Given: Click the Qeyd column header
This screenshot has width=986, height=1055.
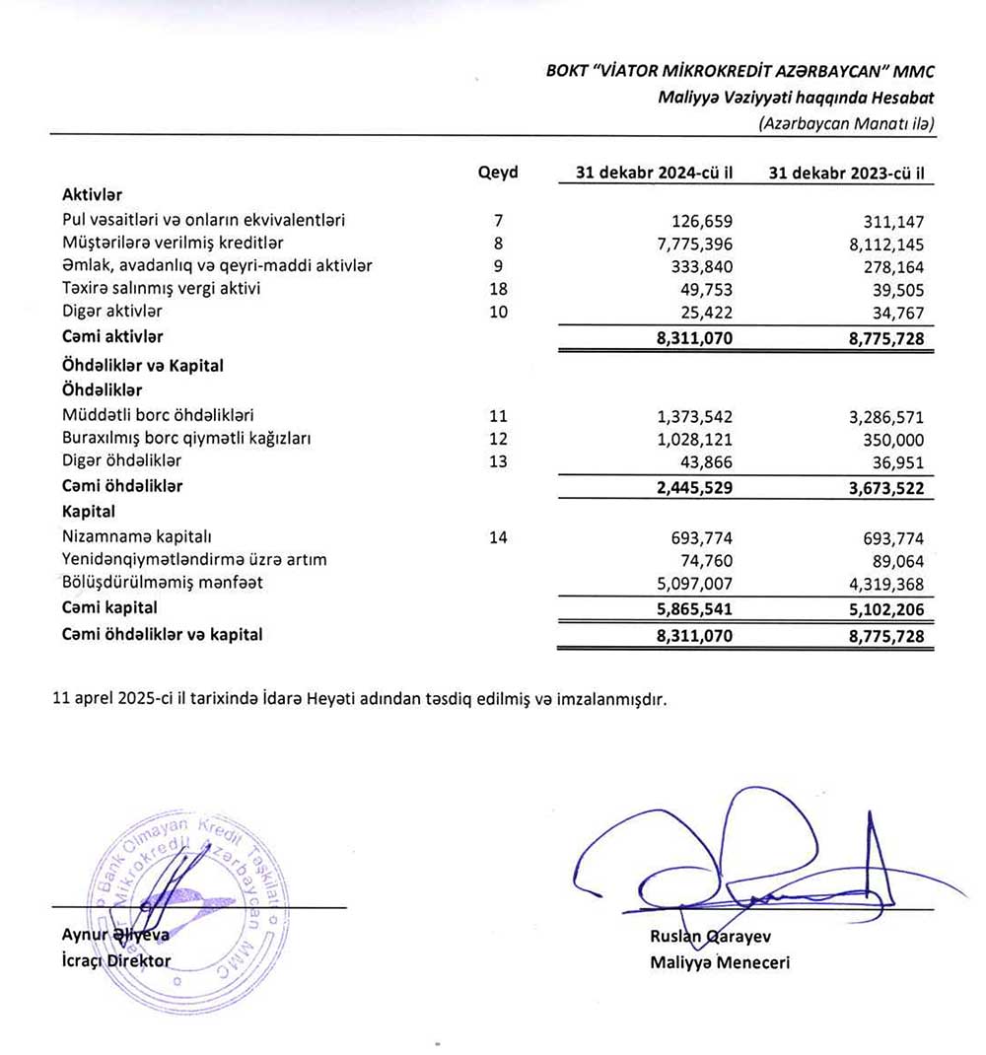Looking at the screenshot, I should click(x=498, y=173).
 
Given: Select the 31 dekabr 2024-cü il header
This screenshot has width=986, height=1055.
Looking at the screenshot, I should click(x=655, y=173).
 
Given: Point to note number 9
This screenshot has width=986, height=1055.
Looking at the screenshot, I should click(x=498, y=265).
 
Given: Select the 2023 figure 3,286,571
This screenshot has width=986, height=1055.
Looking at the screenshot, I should click(x=880, y=415).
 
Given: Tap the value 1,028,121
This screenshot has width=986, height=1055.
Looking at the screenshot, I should click(x=690, y=438).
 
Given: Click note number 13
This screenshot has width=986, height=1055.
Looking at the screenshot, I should click(x=498, y=460).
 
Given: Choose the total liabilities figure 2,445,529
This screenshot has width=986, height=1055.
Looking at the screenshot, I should click(x=689, y=486).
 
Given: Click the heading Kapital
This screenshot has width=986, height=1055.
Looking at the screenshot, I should click(x=88, y=512).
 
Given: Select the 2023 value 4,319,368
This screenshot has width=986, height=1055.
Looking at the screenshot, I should click(x=880, y=583).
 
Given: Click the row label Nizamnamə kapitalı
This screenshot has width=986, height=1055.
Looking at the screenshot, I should click(x=138, y=536).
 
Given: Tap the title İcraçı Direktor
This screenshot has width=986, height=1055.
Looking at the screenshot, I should click(x=115, y=960).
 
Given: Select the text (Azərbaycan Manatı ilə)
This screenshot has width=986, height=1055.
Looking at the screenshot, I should click(x=846, y=123).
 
